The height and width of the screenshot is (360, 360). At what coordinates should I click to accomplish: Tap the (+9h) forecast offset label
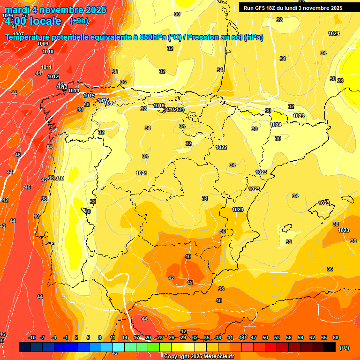coord(78,21)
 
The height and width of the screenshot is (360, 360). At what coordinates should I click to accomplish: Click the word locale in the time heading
coord(44,21)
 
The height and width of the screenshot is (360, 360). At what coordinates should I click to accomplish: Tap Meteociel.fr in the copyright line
coord(215,357)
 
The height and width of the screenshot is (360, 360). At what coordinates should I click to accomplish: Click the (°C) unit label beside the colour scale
coord(344,347)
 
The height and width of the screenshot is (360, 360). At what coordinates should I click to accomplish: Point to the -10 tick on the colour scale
coord(32,337)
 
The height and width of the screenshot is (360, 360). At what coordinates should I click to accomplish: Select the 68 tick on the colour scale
coord(336,337)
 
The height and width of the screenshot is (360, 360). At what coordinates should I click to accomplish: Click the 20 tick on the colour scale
coord(148,337)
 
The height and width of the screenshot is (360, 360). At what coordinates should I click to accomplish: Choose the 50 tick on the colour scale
coord(265,337)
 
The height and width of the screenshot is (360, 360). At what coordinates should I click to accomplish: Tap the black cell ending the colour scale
coord(330,347)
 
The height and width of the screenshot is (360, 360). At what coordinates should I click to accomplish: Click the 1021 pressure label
coord(142,173)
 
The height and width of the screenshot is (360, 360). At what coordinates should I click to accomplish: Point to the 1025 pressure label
coord(299,116)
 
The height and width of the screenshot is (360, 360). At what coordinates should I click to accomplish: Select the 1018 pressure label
coord(59,178)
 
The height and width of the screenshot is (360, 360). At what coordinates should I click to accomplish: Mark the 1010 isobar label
coord(48,52)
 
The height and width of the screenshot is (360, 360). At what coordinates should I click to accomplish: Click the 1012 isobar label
coord(53,76)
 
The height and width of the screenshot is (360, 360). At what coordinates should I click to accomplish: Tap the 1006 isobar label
coord(7,15)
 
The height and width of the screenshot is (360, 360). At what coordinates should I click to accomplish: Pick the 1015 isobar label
coord(89,96)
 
